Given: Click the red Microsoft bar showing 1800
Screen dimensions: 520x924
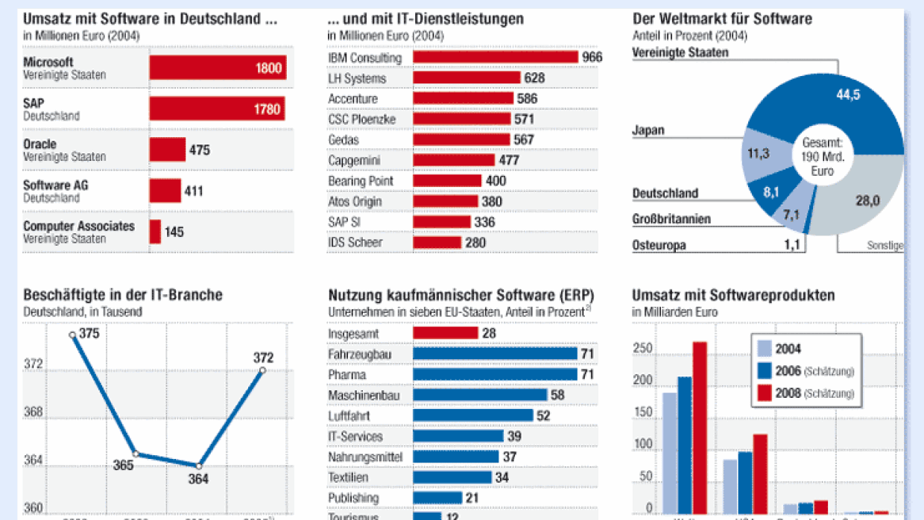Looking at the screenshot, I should coord(218,68).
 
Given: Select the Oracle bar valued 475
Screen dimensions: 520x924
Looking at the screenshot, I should coord(168,150).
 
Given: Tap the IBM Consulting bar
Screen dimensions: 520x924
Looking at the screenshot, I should coord(496,57).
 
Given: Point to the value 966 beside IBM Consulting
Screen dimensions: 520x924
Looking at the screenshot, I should coord(592,57).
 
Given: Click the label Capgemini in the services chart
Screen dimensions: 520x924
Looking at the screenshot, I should coord(355,160).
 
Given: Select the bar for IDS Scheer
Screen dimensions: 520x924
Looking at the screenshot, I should coord(437,242).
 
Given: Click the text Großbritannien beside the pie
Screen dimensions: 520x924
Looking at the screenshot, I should coord(671,220).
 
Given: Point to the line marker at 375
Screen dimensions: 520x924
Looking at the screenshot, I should coord(72,334).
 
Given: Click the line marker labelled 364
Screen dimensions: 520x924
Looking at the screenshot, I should coord(199,466).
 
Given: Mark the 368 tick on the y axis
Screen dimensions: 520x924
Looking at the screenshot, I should coord(33,412).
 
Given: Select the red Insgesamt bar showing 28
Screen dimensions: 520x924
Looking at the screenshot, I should coord(446,333).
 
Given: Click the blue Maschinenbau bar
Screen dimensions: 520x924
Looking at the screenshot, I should coord(480,395).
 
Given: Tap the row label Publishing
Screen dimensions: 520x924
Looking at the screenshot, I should coord(354,498).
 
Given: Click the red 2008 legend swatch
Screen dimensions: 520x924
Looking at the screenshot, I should coord(765,393).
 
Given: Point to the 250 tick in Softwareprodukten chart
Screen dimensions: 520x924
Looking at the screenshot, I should coord(642,349).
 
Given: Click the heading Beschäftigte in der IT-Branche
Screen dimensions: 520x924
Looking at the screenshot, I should coord(123,295).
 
